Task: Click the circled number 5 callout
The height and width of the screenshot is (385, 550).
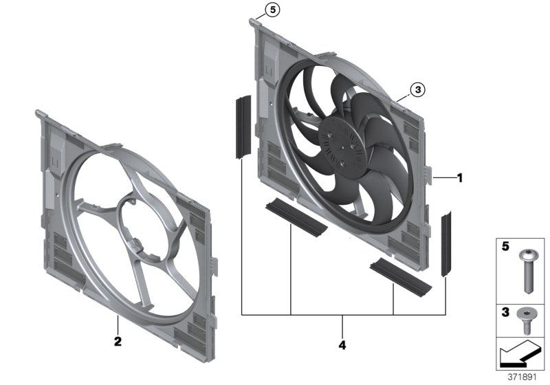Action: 273,10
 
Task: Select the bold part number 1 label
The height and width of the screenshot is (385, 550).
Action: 459,177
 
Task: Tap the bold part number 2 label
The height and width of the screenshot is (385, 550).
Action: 117,340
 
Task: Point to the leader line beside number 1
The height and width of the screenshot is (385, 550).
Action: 445,177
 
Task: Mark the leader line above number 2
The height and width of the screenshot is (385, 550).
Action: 118,324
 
